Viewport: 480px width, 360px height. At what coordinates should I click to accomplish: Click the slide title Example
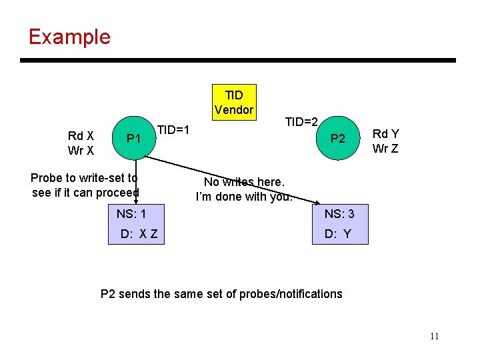point(69,36)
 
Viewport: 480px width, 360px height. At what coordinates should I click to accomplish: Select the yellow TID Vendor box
point(234,102)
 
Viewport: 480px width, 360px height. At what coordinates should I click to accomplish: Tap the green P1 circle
point(133,139)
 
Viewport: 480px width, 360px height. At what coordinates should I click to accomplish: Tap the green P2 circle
point(337,139)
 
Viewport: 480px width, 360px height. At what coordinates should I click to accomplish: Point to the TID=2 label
point(301,122)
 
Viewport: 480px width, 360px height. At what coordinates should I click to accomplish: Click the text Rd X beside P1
point(80,136)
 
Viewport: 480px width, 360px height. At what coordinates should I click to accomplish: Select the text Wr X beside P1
point(80,151)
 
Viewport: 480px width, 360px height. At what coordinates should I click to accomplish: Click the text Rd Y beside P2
point(385,134)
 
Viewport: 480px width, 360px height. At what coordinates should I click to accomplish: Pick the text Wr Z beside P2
point(385,148)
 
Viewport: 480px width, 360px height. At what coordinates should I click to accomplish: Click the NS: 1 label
point(131,214)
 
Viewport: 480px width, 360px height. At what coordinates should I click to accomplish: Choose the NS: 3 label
point(339,214)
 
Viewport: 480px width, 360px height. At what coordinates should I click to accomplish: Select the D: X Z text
point(139,234)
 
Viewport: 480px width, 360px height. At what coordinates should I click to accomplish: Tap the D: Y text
point(337,234)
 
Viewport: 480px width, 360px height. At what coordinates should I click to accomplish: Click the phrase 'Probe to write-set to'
point(85,178)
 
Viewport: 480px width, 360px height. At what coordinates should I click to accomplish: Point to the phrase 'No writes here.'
point(244,182)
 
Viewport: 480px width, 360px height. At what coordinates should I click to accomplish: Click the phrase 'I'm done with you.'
point(244,197)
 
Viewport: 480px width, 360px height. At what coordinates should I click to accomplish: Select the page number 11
point(434,336)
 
